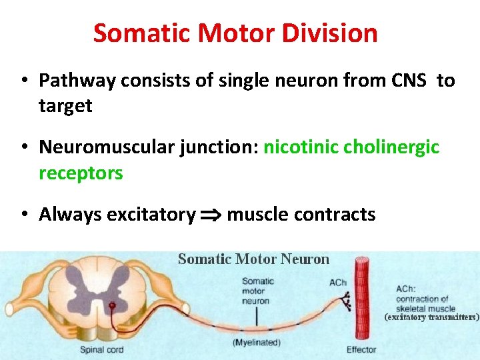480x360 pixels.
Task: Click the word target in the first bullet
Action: pos(65,105)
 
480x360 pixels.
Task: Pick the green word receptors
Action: pos(81,173)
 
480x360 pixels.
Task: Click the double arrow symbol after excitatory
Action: pos(211,215)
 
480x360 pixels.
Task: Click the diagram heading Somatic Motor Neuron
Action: pos(253,259)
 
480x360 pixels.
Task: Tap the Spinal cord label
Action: pos(101,349)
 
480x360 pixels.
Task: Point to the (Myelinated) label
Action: pos(257,343)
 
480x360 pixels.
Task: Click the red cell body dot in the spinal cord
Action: pos(113,306)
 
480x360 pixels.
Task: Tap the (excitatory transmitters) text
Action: pos(431,317)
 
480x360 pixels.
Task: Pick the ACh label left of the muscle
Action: pos(338,283)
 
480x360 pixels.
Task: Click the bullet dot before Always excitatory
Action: pos(23,215)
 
